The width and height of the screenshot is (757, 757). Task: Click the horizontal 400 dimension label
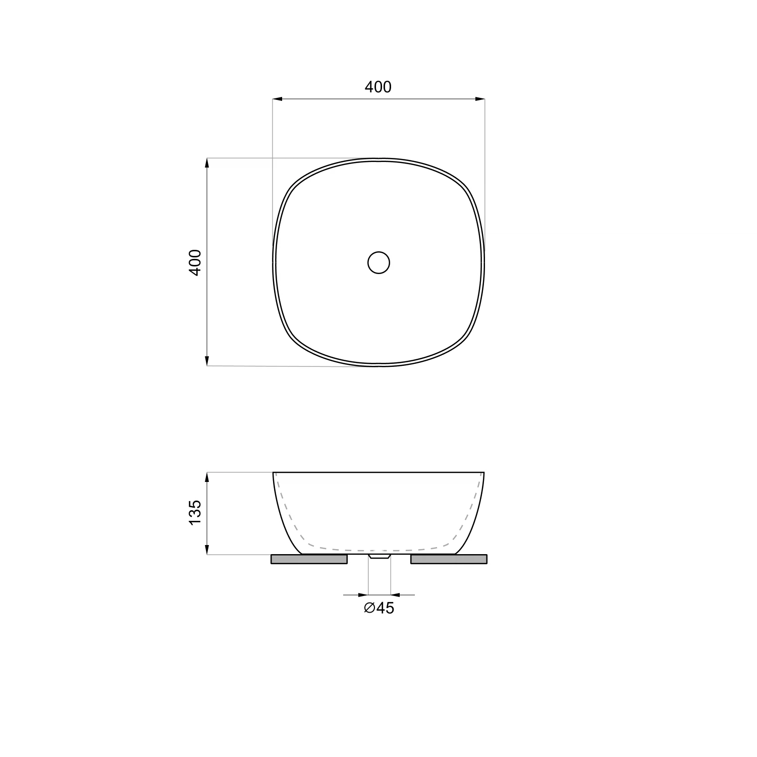pos(378,87)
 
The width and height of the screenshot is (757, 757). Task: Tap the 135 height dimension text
pos(195,512)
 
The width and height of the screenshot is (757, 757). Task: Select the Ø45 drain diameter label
pos(379,608)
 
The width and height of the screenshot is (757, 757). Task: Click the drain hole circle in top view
pos(379,262)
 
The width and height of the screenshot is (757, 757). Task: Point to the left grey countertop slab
pos(309,559)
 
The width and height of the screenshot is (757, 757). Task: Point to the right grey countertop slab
pos(449,559)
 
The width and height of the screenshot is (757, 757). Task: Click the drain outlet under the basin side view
pos(380,556)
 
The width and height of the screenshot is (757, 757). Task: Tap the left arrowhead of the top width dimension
pos(277,99)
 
